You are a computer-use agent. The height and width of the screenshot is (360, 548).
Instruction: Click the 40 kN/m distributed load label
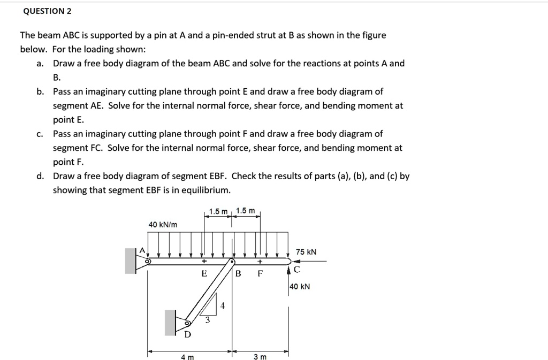163,225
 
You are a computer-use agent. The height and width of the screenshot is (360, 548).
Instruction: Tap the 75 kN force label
306,251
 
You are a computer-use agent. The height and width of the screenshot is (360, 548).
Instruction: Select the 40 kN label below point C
300,287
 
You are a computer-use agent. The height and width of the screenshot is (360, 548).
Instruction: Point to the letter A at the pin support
142,250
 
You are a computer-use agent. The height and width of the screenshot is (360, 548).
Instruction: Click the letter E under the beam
203,273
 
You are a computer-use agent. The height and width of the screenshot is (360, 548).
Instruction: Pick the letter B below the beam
239,274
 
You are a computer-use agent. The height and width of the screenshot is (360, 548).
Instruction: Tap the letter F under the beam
260,274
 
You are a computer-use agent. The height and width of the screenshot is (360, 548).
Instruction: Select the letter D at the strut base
187,335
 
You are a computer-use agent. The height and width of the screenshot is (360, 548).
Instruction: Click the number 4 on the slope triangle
223,305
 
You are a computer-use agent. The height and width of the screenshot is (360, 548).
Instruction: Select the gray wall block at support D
170,323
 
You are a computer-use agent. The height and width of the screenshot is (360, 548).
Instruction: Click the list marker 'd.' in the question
40,176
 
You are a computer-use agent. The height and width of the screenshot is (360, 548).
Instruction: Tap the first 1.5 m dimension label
218,211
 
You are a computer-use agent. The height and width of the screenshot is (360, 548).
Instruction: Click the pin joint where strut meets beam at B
232,262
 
